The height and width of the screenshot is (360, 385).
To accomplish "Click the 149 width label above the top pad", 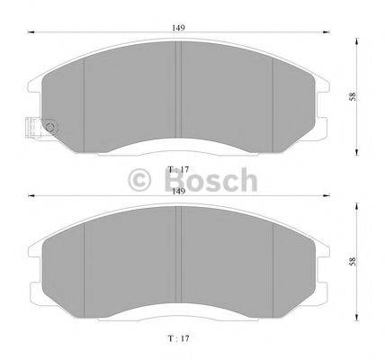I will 180,28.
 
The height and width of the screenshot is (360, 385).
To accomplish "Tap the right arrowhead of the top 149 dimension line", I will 326,33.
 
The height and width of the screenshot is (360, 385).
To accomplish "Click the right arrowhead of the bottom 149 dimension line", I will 326,195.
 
